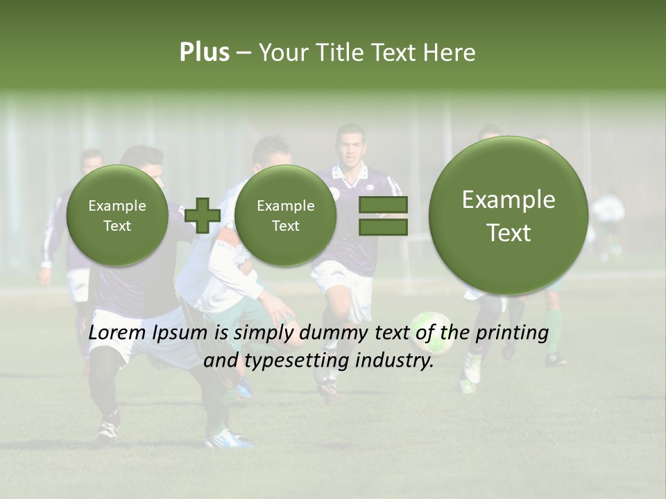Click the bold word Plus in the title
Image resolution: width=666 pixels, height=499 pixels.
pos(204,53)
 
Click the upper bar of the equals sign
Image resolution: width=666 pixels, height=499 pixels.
pos(383,204)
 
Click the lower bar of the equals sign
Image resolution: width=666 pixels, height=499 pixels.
pos(383,227)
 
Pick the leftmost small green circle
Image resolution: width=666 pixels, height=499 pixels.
pos(117,216)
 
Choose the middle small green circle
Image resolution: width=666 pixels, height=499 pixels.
pos(285,216)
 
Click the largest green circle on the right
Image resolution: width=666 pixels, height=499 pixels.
pos(509,216)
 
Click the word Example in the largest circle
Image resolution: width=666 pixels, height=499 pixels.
pos(509,200)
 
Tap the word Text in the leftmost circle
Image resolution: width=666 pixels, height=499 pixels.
pos(117,226)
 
